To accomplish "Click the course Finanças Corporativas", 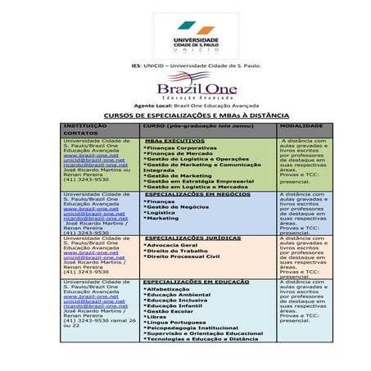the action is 181,147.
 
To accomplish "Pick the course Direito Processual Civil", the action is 181,256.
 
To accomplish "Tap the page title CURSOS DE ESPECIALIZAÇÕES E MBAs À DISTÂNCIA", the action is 185,115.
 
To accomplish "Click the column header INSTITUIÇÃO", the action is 85,126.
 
